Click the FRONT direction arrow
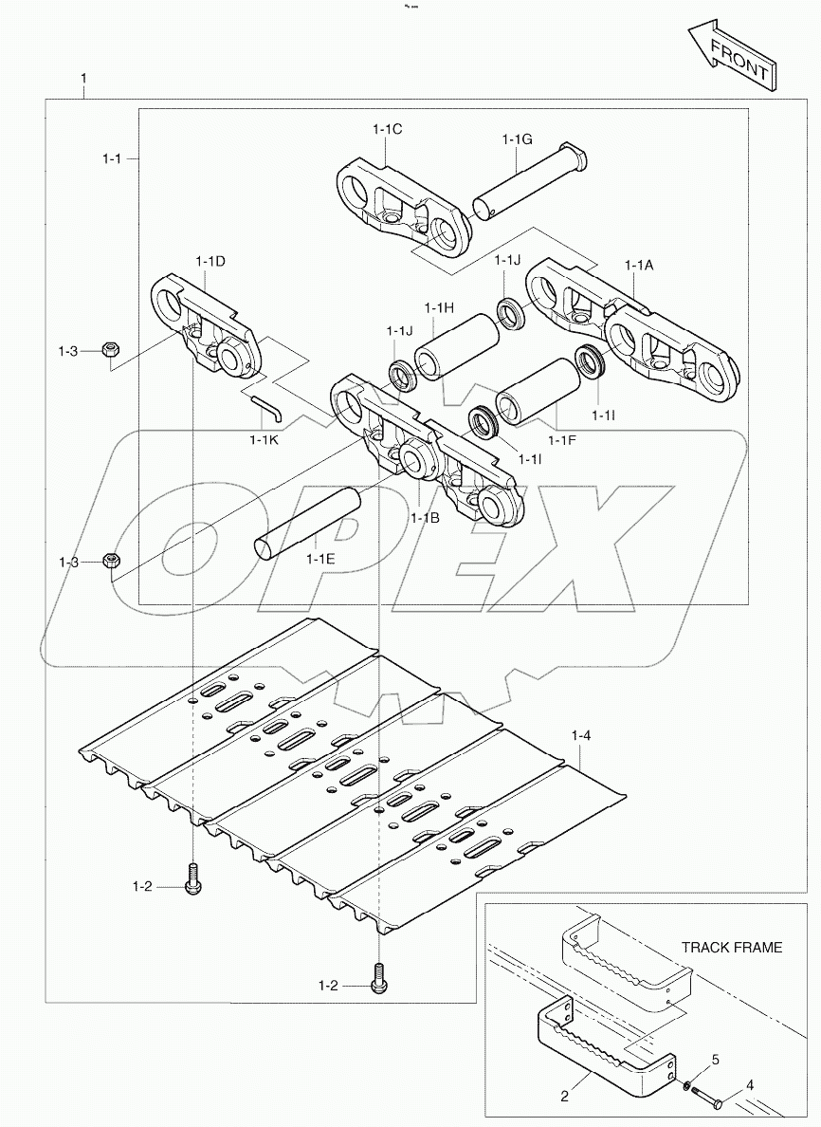(x=731, y=60)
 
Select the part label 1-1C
(x=387, y=128)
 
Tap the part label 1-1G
(x=517, y=139)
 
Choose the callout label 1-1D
(x=210, y=261)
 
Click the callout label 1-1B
(x=425, y=518)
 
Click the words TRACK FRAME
(x=732, y=947)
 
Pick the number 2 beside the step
(x=565, y=1097)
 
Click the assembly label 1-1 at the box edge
(x=111, y=159)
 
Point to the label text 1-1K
(x=265, y=439)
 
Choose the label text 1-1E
(x=320, y=559)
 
